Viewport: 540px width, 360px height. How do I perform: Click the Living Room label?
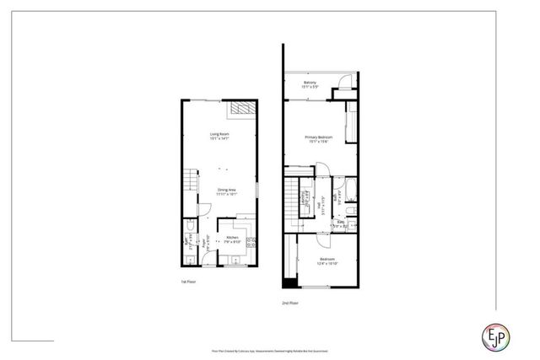(220, 135)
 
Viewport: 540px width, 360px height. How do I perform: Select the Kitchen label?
(233, 239)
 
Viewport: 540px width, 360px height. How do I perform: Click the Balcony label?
(310, 83)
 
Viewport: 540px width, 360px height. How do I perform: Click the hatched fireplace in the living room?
(242, 110)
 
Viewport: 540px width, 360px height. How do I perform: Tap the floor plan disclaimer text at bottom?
(269, 348)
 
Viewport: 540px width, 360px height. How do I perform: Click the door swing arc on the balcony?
(343, 83)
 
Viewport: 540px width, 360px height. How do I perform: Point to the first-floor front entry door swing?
(205, 211)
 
